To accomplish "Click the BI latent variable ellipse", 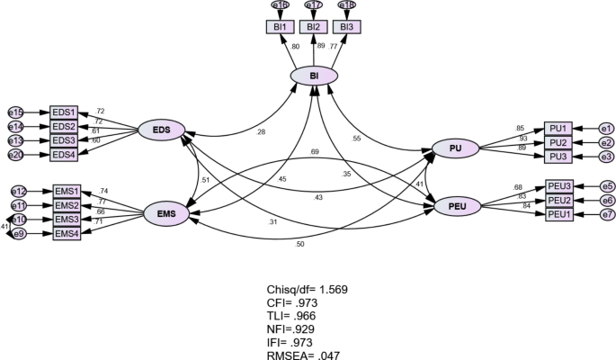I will coord(314,77).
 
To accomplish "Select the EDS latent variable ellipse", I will coord(162,131).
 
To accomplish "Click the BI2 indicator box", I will coord(314,27).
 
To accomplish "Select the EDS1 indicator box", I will coord(65,112).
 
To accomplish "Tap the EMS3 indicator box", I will coord(66,220).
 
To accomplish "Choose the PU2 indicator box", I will coord(558,142).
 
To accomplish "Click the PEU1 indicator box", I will coord(559,214).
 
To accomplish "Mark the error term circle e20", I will coord(15,155).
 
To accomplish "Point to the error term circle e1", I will coord(606,128).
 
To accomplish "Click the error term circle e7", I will coord(607,214).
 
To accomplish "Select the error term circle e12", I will coord(18,191).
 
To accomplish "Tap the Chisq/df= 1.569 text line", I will coord(307,290).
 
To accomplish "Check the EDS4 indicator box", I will coord(65,155).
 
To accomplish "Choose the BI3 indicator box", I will coord(348,27).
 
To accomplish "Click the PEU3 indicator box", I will coord(559,185).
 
